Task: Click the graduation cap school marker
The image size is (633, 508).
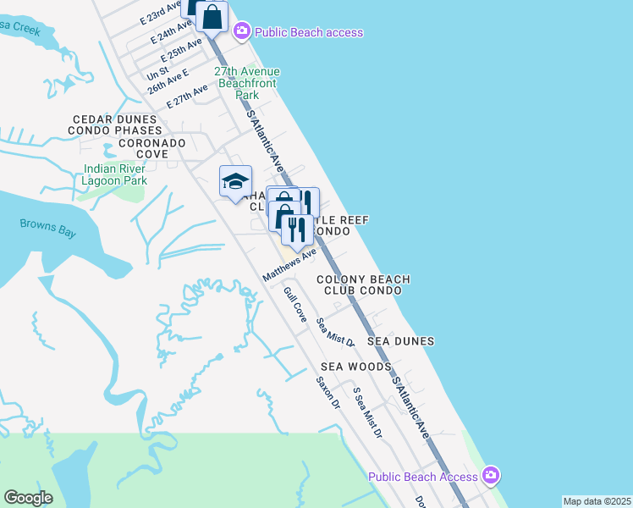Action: (235, 181)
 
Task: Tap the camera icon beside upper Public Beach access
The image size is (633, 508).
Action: (242, 32)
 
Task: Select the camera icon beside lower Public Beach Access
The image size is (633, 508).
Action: (492, 475)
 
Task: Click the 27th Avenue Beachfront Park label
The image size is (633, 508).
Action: (247, 83)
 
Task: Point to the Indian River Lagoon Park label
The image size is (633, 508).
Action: (116, 174)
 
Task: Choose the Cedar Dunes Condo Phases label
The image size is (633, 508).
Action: (117, 125)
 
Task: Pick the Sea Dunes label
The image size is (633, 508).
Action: (401, 341)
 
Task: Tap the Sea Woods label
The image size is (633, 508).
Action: (355, 367)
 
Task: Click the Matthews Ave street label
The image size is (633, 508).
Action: (289, 265)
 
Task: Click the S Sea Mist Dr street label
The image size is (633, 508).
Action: (368, 413)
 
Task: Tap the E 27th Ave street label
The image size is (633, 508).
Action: (187, 97)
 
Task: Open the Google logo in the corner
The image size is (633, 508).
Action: (28, 498)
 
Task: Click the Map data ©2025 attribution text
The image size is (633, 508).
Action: (597, 501)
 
